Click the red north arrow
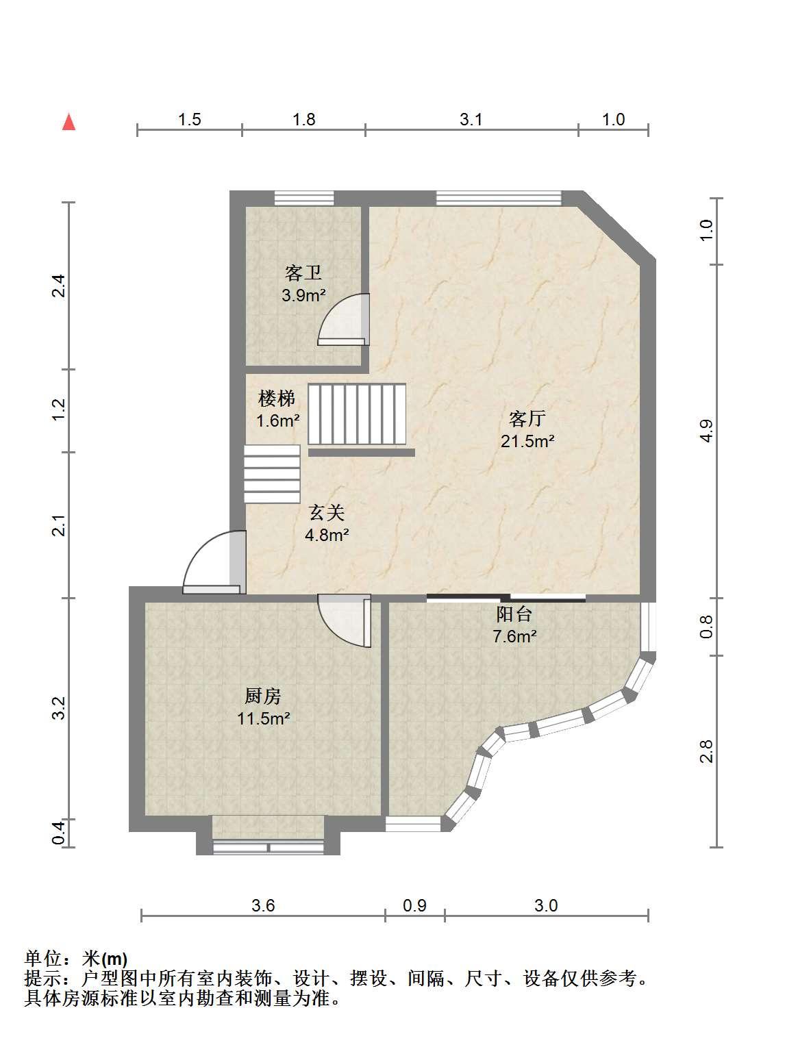tap(69, 122)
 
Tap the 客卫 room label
tap(303, 273)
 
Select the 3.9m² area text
tap(303, 296)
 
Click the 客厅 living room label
tap(527, 418)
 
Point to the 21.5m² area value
tap(527, 441)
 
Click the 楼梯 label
tap(277, 399)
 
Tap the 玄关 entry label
tap(327, 513)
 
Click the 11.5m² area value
tap(264, 718)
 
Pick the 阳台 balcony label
tap(514, 614)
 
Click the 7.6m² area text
tap(514, 637)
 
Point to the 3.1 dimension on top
tap(471, 119)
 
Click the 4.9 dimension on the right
tap(706, 430)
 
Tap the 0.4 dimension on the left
tap(58, 833)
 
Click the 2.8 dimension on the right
tap(706, 751)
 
